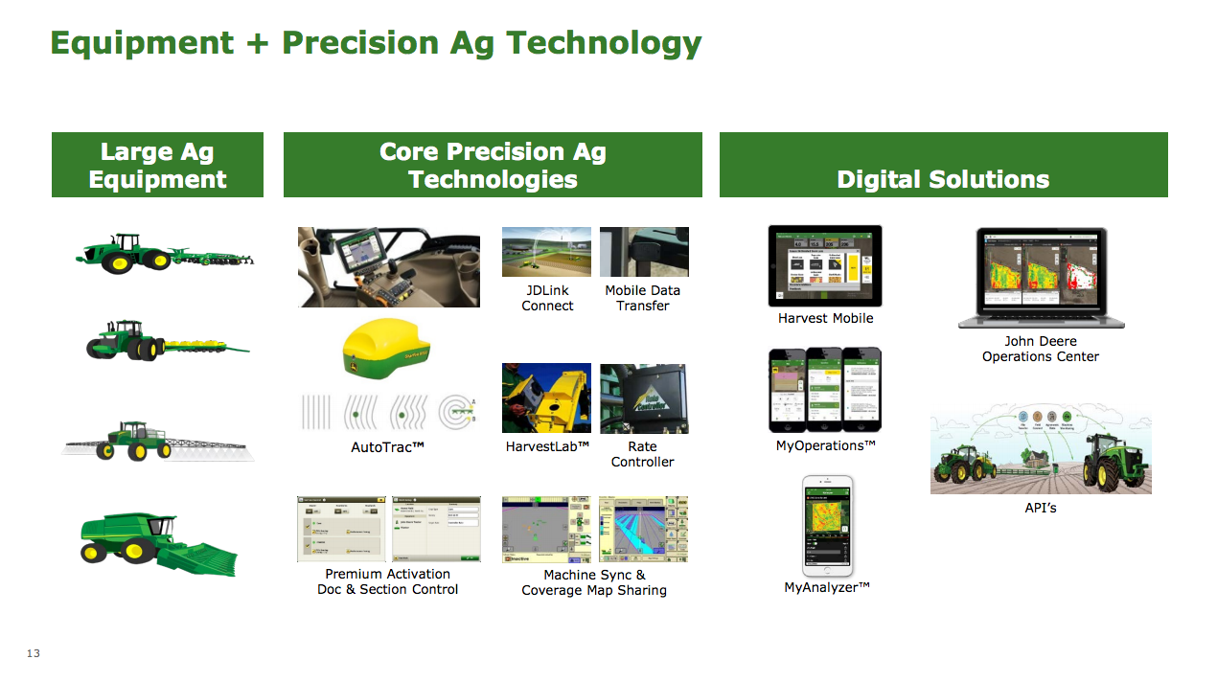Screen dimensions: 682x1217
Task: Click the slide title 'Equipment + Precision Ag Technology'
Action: [376, 43]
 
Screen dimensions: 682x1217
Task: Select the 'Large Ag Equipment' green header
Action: [157, 166]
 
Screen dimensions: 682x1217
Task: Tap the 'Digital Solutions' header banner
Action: [943, 179]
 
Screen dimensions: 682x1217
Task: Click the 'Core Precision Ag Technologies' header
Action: [493, 166]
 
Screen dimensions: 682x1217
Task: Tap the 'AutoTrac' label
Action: [387, 447]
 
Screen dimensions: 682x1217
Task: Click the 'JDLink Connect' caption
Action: [547, 298]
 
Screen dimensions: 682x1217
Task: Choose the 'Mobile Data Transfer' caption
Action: [643, 298]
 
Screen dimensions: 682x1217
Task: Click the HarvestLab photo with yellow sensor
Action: [546, 398]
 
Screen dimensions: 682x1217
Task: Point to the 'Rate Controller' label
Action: [643, 454]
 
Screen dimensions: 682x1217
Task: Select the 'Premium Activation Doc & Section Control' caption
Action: [387, 581]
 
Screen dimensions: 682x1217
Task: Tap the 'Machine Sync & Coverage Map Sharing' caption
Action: [594, 582]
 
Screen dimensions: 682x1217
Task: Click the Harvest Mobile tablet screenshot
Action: [825, 265]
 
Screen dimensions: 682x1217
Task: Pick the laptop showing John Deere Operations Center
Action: [1041, 277]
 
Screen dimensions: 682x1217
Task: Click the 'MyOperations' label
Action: [826, 445]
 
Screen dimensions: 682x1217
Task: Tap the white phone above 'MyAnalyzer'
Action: [827, 526]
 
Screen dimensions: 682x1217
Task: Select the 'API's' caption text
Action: [1041, 508]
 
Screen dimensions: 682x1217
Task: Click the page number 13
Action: [34, 653]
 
